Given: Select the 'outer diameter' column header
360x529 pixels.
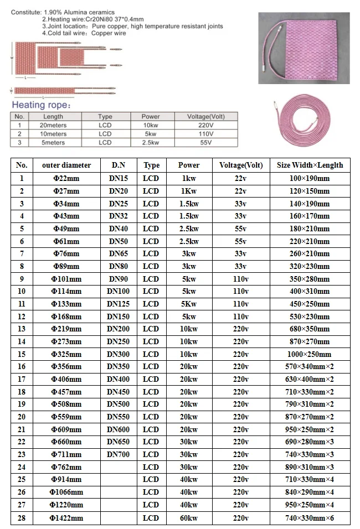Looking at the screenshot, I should (62, 165).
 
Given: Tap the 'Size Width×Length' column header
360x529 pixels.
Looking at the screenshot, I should (310, 165).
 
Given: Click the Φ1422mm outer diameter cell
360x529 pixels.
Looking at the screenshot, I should (66, 518).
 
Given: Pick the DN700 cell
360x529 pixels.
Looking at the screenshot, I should (117, 454).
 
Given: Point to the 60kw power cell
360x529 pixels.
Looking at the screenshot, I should (188, 518).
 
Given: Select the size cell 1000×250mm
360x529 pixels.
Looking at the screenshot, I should (310, 354).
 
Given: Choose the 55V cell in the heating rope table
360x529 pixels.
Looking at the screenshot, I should (206, 143).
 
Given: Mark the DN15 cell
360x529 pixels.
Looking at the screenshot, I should (117, 178).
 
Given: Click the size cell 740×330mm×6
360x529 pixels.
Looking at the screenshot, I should (310, 518).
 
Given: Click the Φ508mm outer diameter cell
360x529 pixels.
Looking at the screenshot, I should (66, 404).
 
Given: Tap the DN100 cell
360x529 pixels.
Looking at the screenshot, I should (117, 291).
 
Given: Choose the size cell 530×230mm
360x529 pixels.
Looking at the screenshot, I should (310, 317).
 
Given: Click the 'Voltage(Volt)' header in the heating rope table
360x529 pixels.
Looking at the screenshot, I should (206, 117).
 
